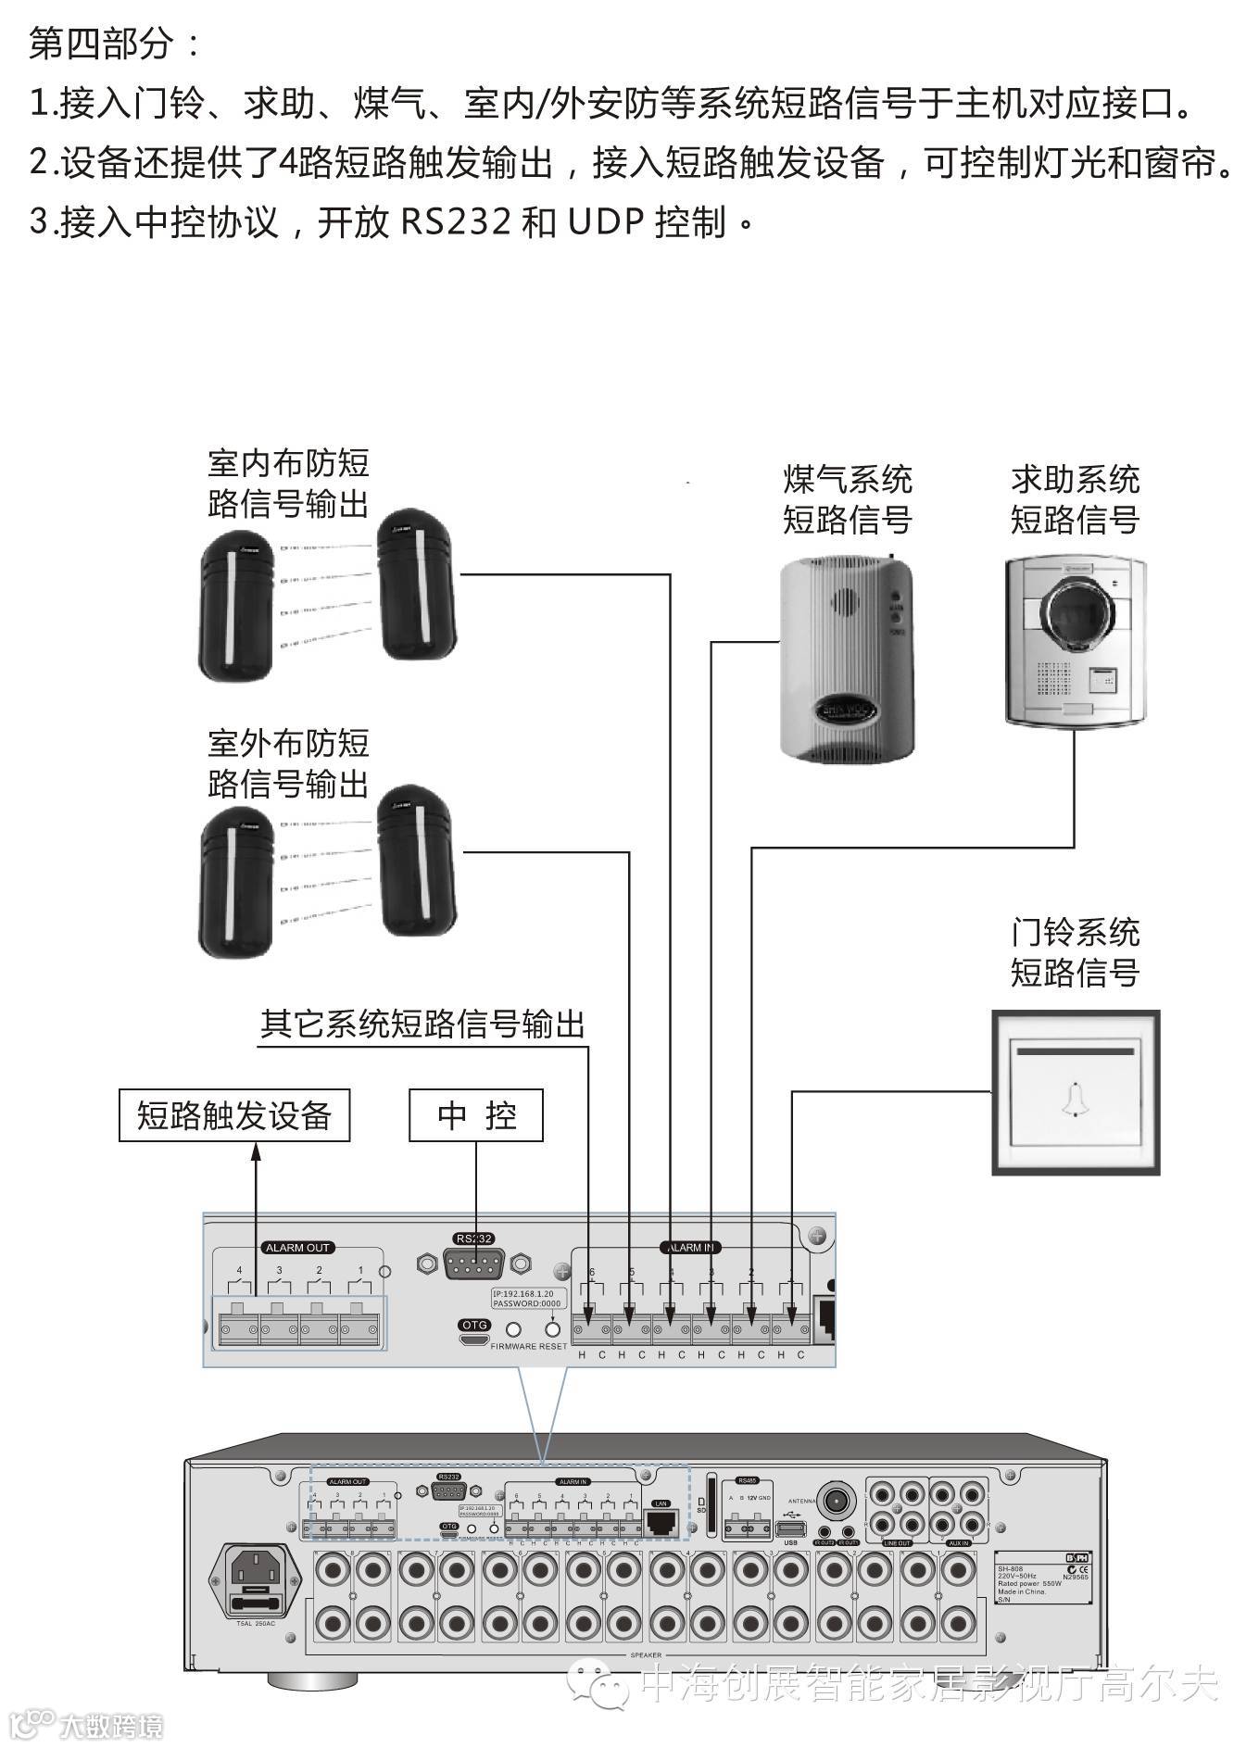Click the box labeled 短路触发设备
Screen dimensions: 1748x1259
(233, 1115)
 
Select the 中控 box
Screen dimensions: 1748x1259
(476, 1115)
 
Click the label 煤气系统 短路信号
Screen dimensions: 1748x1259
(847, 499)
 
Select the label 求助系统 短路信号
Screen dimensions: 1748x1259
(1075, 499)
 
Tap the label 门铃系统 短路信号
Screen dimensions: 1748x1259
(1075, 952)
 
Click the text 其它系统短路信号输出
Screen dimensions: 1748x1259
(422, 1025)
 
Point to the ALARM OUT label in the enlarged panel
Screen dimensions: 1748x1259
(297, 1248)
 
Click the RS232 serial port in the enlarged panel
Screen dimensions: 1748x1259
(473, 1264)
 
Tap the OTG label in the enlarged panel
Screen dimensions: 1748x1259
(474, 1326)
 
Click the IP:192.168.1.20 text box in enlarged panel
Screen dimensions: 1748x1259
(525, 1299)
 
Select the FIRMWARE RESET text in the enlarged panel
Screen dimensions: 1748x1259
(528, 1346)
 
